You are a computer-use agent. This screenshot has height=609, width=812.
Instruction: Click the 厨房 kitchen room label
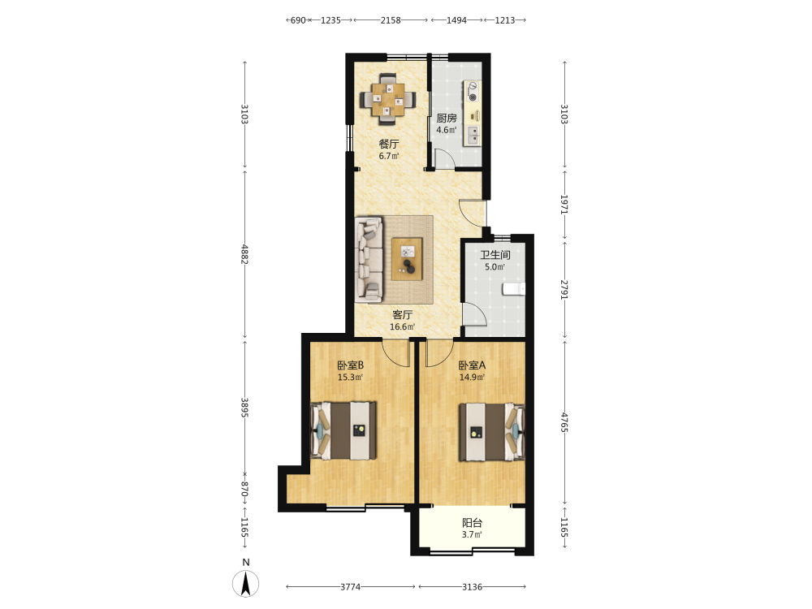tap(447, 118)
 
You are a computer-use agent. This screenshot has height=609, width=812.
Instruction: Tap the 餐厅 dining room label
tap(389, 144)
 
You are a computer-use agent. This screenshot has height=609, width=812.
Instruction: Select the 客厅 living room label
tap(403, 315)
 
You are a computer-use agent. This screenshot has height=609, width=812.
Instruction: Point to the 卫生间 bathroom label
tap(495, 255)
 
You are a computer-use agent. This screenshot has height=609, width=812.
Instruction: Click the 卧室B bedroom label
tap(351, 365)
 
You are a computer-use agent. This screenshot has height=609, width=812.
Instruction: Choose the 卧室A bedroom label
tap(473, 365)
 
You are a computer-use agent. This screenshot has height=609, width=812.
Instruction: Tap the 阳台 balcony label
tap(473, 523)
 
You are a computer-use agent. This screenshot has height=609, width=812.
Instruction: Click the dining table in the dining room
tap(388, 99)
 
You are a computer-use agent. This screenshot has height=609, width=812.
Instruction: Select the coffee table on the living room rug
tap(407, 259)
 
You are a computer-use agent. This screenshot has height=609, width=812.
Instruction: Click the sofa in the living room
tap(369, 259)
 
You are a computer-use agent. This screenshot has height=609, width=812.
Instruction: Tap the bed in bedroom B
tap(343, 431)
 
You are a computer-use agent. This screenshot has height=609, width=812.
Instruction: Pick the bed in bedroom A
tap(492, 433)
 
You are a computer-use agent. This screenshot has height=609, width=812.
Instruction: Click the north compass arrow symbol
tap(245, 584)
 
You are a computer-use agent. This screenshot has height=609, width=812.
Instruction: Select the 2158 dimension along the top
tap(391, 20)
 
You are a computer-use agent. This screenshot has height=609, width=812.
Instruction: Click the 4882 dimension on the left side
tap(244, 254)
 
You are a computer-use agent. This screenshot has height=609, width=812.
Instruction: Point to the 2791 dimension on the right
tap(564, 289)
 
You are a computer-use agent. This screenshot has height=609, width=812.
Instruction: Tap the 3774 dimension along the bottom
tap(351, 587)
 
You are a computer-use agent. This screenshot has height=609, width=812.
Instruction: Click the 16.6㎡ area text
tap(403, 326)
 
